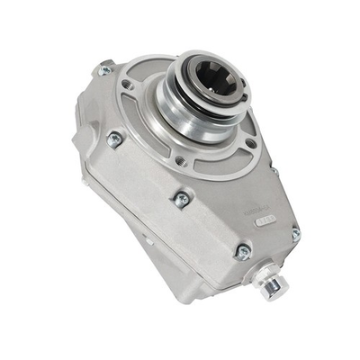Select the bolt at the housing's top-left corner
coord(105,70)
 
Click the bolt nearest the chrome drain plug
coord(241,252)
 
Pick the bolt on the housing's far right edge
coord(295,234)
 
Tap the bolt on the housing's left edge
coord(114,139)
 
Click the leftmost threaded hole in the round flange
coord(129,86)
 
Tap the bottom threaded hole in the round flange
coord(182,162)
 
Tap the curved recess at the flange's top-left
coord(144,72)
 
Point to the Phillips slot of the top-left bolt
coord(105,70)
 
